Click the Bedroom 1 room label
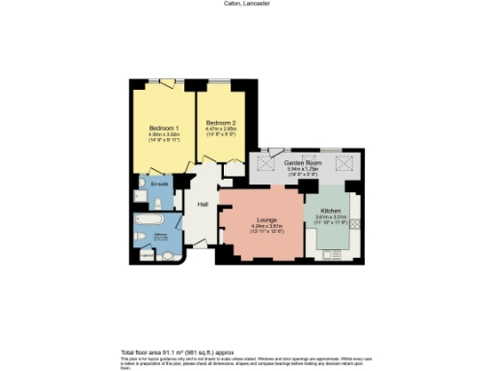[x=161, y=128]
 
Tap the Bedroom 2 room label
[x=222, y=123]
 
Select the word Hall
[x=204, y=205]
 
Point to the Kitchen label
[x=331, y=211]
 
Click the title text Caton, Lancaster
[x=247, y=4]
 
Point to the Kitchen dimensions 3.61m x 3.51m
[x=331, y=217]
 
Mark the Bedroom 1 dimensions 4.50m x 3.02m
[x=161, y=135]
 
